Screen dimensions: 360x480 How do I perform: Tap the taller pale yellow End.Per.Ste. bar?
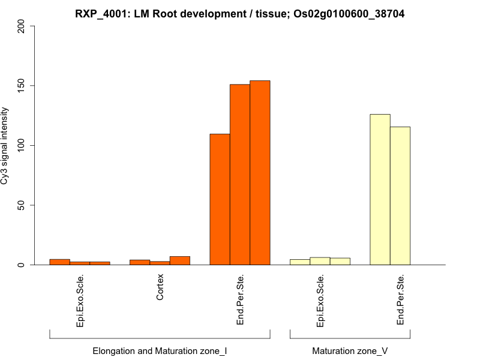380,190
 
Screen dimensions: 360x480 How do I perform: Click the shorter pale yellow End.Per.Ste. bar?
400,196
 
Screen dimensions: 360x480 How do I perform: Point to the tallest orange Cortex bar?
180,260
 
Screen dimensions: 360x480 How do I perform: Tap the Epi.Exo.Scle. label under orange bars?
80,300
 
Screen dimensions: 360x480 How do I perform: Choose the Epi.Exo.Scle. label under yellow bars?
320,300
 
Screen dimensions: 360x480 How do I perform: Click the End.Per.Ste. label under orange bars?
240,299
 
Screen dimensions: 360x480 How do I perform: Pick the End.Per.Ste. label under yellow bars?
400,299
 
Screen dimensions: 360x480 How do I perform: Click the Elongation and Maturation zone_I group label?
160,350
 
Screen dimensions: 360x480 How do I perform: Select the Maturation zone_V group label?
350,350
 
